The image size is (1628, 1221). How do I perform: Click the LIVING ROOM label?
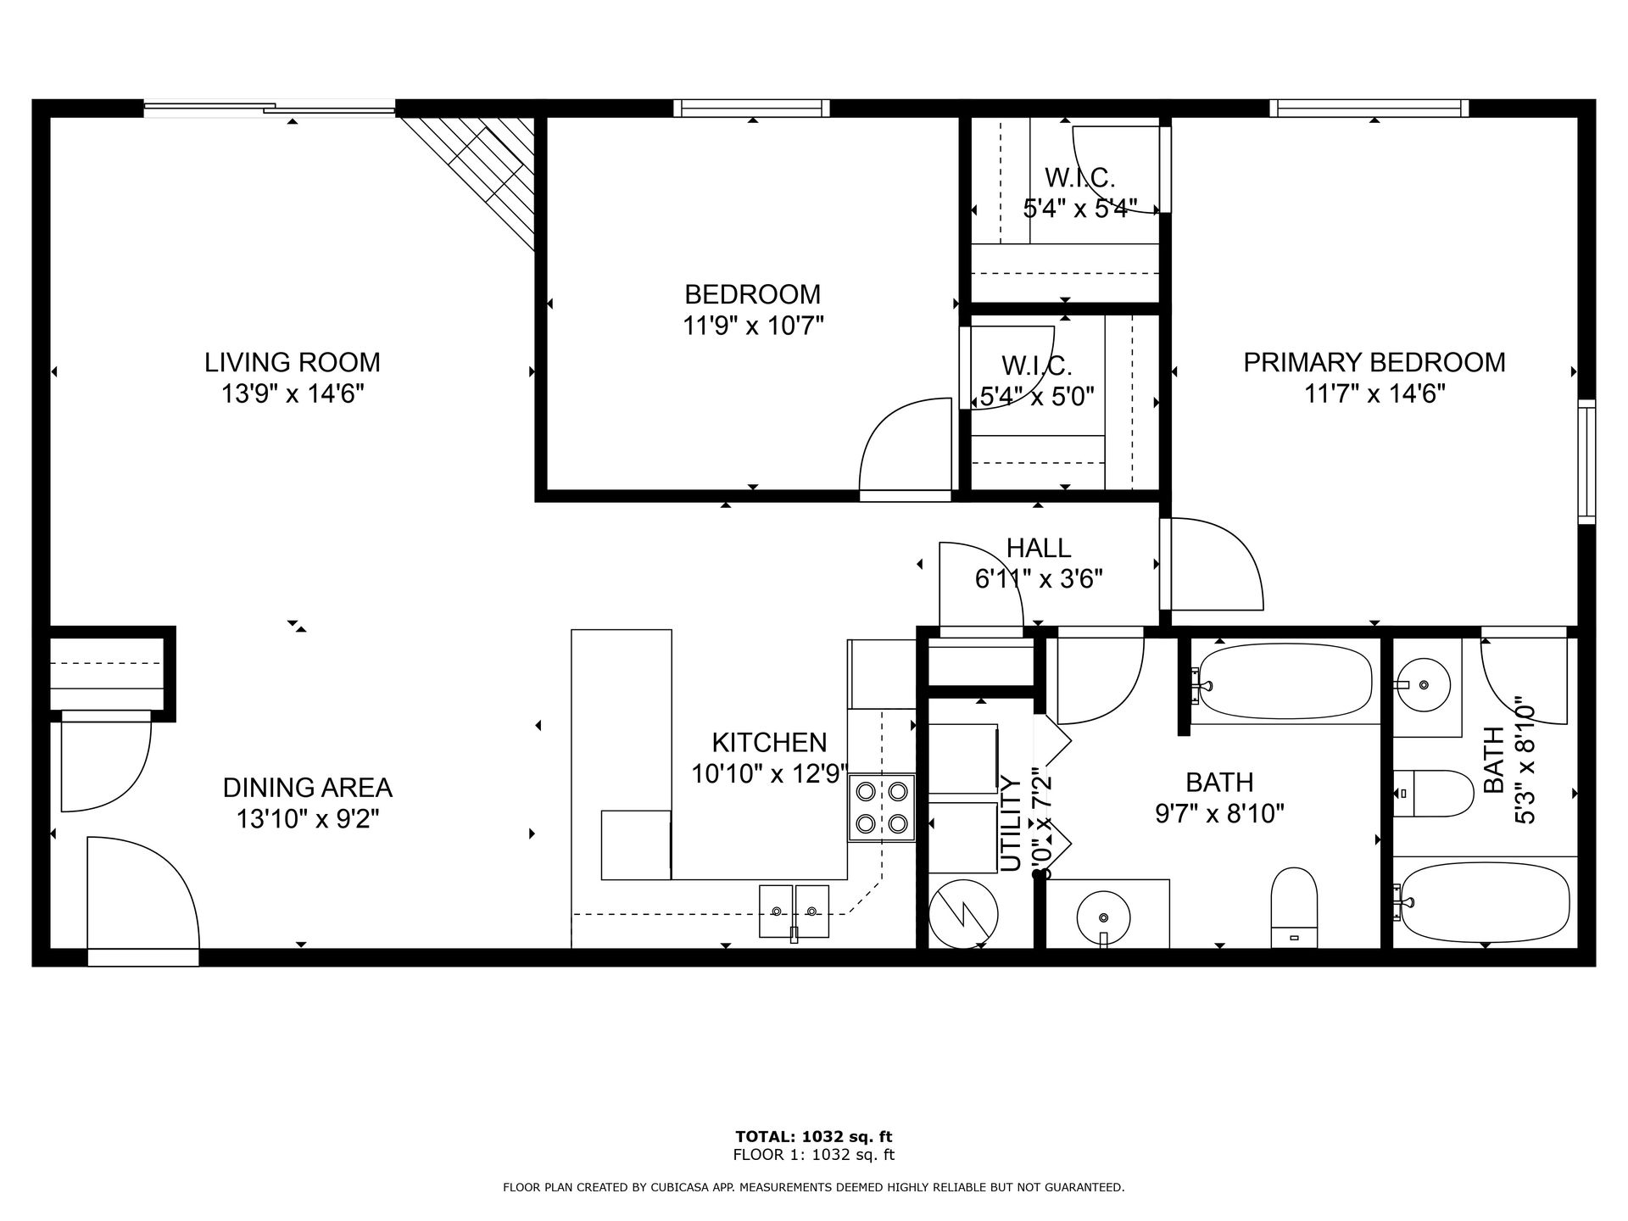coord(292,362)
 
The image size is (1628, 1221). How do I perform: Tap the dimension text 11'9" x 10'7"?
coord(753,326)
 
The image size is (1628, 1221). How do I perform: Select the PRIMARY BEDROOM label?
coord(1374,362)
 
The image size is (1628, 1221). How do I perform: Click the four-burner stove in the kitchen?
coord(882,807)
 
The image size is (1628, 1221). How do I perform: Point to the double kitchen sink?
coord(794,912)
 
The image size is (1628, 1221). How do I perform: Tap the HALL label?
coord(1039,548)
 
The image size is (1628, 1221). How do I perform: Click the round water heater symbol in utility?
coord(963,914)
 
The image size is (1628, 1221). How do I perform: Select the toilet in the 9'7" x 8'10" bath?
coord(1294,907)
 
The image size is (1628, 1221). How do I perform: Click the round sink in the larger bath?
coord(1103,917)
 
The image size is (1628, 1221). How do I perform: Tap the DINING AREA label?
coord(307,788)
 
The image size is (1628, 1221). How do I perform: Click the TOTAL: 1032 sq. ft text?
coord(813,1137)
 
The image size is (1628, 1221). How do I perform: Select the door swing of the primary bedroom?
coord(1221,564)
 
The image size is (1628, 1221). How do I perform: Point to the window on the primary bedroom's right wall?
coord(1586,461)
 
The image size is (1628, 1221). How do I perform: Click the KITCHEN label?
coord(769,743)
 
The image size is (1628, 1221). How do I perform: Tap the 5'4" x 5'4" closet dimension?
coord(1079,209)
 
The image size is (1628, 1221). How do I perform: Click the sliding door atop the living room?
coord(270,108)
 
